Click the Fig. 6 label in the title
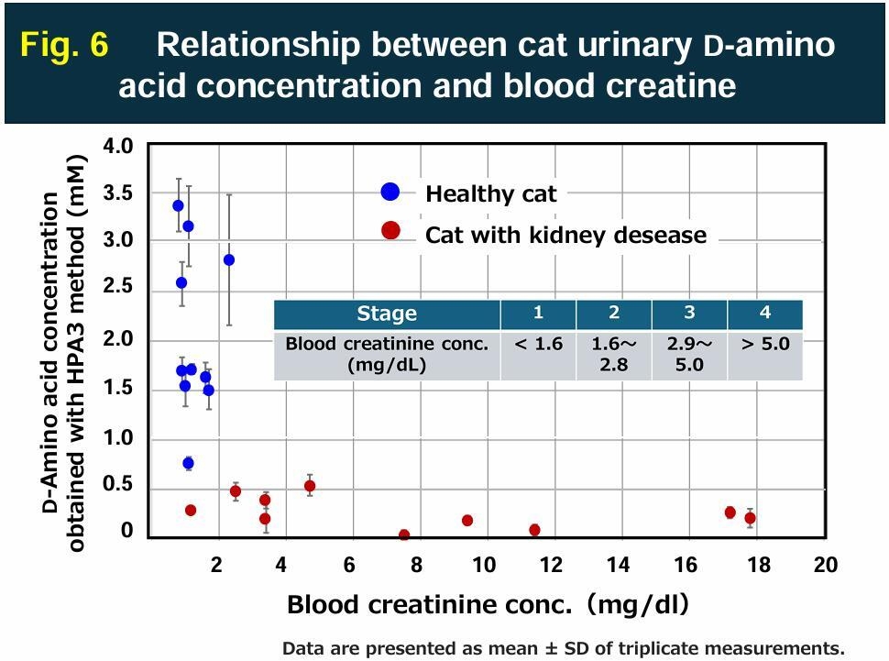pos(64,45)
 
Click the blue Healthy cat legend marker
pos(390,192)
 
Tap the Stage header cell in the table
pos(387,314)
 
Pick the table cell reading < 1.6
pos(538,345)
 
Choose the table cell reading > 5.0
pos(764,345)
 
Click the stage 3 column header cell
pos(689,313)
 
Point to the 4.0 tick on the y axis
pos(118,147)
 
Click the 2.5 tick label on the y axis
pos(118,287)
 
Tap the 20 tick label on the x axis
pos(825,565)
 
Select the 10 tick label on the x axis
pos(484,565)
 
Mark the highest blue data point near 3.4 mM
pos(178,205)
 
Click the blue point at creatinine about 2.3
pos(229,260)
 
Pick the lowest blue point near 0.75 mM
pos(188,463)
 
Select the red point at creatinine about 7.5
pos(404,534)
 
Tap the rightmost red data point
pos(750,518)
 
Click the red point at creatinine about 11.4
pos(534,530)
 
